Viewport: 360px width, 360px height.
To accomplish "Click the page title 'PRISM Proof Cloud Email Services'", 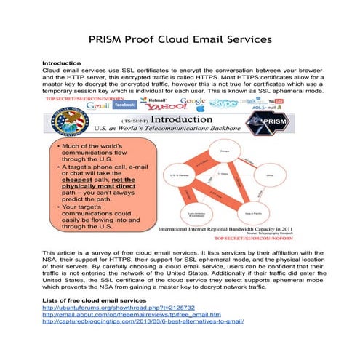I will click(x=180, y=38).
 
